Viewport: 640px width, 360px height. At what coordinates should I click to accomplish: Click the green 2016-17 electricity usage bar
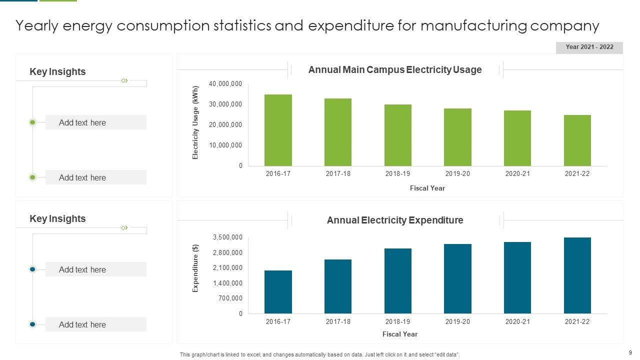click(278, 130)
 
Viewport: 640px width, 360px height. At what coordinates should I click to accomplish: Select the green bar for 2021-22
click(577, 140)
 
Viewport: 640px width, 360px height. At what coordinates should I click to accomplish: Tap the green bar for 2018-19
click(397, 135)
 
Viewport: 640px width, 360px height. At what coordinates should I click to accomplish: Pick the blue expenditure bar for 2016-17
click(278, 292)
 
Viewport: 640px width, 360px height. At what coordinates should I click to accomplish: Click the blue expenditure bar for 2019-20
click(457, 278)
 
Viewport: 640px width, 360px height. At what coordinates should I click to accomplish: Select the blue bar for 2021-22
click(577, 275)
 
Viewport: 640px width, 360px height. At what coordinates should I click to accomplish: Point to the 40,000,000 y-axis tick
click(225, 84)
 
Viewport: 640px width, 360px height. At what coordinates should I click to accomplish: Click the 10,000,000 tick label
click(225, 145)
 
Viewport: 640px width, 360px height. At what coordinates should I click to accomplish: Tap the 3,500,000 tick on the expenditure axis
click(227, 237)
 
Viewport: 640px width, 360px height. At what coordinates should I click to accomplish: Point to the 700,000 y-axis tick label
click(231, 298)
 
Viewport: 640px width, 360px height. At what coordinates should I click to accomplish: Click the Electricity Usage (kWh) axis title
click(195, 123)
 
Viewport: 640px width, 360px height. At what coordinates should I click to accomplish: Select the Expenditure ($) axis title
click(195, 268)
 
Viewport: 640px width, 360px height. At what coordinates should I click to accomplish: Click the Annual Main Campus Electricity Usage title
click(395, 70)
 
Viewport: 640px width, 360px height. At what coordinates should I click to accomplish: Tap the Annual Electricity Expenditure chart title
click(395, 220)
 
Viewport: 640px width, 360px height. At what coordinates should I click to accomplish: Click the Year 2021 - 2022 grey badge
click(589, 47)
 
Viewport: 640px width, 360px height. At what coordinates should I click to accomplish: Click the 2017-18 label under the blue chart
click(338, 322)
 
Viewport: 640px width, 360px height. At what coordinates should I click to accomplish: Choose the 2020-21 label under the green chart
click(517, 174)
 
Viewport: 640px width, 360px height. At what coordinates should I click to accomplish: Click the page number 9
click(630, 352)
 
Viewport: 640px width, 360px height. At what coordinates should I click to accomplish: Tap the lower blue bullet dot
click(32, 324)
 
